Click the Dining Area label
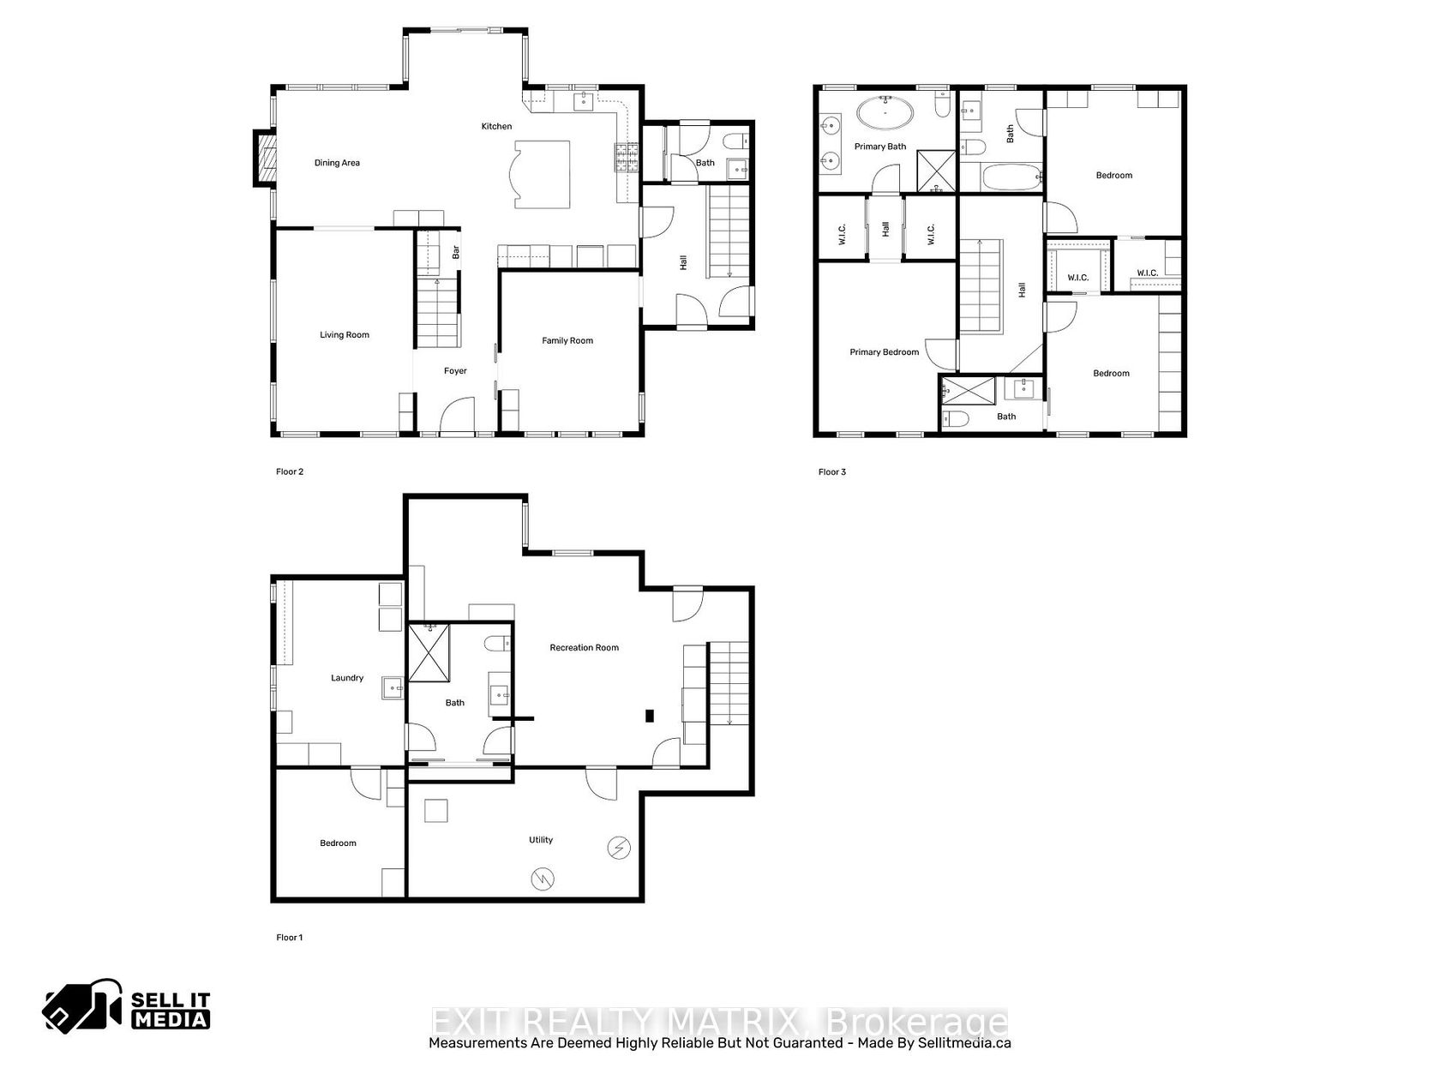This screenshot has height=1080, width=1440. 337,163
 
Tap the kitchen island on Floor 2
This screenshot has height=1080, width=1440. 540,174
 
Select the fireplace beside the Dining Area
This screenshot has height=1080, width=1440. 265,159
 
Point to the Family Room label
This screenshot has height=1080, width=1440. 567,340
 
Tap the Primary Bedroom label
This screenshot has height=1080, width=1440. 884,352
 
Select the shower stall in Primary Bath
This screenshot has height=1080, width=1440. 935,171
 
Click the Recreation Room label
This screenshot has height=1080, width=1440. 584,647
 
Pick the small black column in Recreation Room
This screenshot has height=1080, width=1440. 650,716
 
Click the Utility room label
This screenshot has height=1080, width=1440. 541,839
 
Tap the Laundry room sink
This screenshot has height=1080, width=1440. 393,688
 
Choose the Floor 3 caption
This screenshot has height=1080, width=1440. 831,471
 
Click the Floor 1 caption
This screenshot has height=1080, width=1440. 290,937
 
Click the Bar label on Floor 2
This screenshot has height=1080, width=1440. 455,252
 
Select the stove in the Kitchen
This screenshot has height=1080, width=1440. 626,158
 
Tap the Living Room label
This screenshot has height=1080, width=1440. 345,334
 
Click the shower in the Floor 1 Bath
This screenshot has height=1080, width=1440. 429,652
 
